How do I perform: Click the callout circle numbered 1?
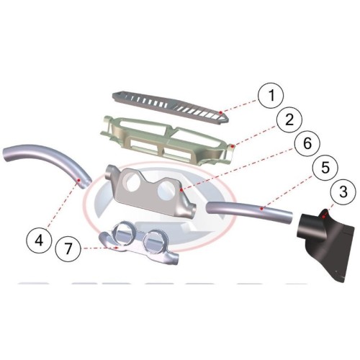click(271, 95)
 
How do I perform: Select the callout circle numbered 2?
click(289, 120)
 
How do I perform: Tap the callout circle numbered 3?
click(343, 192)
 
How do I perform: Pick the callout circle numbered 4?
click(40, 240)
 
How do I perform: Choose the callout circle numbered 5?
click(325, 168)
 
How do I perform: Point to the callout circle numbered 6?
click(307, 143)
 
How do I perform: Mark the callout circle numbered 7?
click(68, 248)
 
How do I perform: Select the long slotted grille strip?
click(171, 108)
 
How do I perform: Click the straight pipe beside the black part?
click(250, 211)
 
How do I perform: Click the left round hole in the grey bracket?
click(132, 182)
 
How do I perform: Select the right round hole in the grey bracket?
click(166, 190)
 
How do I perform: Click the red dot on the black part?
click(324, 217)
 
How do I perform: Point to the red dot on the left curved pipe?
click(78, 180)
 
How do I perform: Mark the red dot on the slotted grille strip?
click(221, 112)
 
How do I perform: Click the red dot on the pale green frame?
click(232, 146)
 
